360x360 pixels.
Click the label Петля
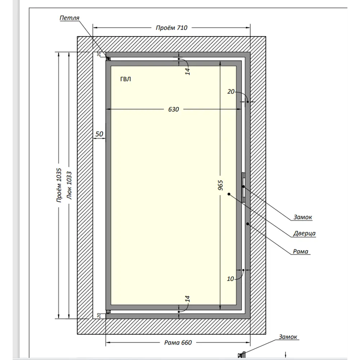click(69, 18)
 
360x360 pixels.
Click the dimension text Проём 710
click(171, 28)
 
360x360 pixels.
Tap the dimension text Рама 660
click(178, 343)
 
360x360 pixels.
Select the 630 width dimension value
click(174, 109)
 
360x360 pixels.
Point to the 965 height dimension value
click(220, 185)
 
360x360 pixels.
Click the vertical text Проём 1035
click(59, 185)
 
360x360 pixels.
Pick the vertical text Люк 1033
click(69, 185)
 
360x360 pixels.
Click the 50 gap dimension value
click(99, 134)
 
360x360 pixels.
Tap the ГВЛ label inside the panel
click(126, 79)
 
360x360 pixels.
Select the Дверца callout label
click(304, 234)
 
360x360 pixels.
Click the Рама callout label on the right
click(300, 252)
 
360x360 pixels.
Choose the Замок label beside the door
click(303, 217)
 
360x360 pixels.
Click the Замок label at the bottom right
click(288, 337)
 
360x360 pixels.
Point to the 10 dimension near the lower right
click(230, 279)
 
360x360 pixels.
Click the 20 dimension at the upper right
click(231, 91)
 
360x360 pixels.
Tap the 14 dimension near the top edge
click(188, 71)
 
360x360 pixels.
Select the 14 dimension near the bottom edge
click(188, 299)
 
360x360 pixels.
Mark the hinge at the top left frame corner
click(108, 59)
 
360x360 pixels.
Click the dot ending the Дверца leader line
click(229, 194)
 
